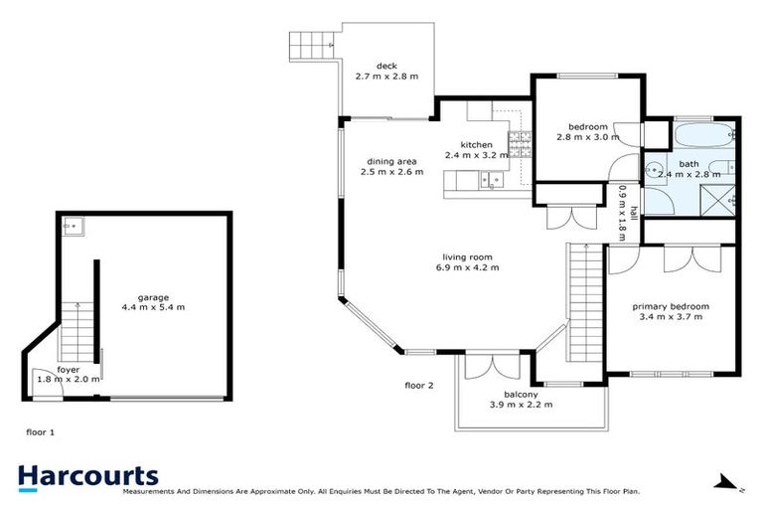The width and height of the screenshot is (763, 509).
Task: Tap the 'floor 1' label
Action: [40, 432]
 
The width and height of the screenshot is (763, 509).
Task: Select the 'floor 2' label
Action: [419, 385]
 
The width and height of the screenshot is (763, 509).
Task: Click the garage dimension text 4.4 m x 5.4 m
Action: [154, 307]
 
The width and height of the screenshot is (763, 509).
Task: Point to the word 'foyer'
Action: [69, 369]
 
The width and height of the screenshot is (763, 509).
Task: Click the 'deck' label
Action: [387, 66]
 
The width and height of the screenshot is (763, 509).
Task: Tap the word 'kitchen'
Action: [477, 144]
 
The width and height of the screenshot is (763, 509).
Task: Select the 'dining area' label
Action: [391, 161]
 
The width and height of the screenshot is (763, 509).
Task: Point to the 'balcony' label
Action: [521, 394]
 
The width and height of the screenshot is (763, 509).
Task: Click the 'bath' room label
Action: [688, 163]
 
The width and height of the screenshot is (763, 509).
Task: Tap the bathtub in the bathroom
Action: [702, 134]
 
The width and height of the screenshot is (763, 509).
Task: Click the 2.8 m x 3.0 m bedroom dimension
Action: [588, 137]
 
